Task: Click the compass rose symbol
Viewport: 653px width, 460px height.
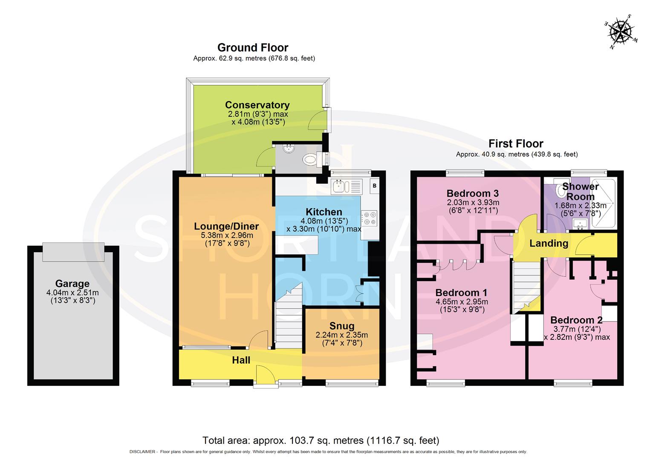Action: (x=621, y=32)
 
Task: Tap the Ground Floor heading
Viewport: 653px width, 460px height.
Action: (x=253, y=47)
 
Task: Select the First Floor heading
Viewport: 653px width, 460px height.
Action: (x=516, y=144)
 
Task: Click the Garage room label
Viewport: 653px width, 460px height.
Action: (x=72, y=284)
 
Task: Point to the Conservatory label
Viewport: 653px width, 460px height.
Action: (x=257, y=105)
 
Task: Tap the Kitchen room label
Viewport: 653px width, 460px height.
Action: (x=324, y=212)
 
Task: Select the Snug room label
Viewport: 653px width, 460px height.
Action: (x=342, y=326)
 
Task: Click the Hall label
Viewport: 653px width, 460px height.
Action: (x=241, y=360)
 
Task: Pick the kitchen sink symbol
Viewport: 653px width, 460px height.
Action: (x=341, y=187)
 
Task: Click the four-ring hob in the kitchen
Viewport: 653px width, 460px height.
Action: (x=369, y=218)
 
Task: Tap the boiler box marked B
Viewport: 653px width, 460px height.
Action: (x=374, y=186)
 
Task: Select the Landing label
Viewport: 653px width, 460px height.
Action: (x=549, y=243)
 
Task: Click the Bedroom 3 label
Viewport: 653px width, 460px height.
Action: (x=472, y=193)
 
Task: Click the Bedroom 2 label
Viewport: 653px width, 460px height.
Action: (x=576, y=320)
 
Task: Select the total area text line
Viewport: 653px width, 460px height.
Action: (x=321, y=440)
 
